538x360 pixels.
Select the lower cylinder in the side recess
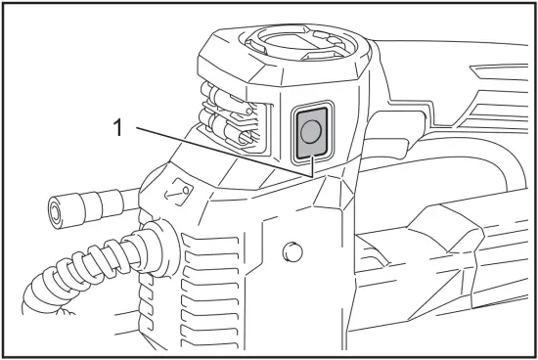(227, 132)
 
